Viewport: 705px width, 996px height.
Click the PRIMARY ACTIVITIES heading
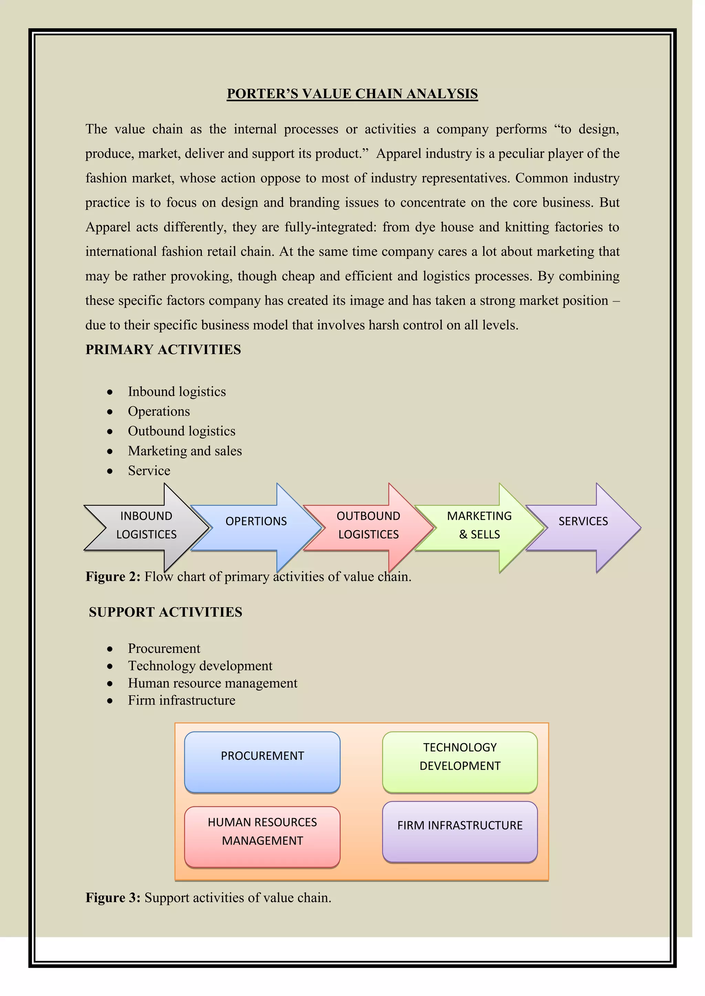click(x=163, y=350)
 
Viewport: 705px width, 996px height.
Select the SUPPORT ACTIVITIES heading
click(x=165, y=612)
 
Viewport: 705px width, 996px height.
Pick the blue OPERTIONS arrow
click(x=256, y=521)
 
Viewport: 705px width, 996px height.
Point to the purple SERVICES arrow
click(x=583, y=521)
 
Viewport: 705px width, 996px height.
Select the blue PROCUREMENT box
click(x=262, y=762)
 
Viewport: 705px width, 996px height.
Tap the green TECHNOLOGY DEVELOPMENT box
click(x=460, y=762)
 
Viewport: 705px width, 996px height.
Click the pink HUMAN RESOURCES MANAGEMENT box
click(x=262, y=837)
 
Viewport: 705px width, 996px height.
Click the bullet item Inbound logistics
click(x=177, y=392)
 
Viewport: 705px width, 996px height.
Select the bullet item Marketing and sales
click(x=185, y=451)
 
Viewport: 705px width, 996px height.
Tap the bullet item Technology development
click(x=200, y=666)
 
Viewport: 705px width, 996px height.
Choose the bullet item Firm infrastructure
click(x=181, y=700)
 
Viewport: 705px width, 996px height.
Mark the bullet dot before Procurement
click(x=110, y=649)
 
